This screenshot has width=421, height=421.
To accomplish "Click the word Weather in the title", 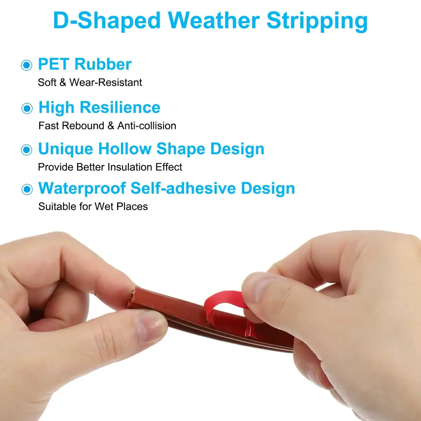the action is coord(214,21).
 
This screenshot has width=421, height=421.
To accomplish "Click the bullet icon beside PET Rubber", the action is coord(27,65).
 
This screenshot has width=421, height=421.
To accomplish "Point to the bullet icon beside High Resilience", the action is coord(27,108).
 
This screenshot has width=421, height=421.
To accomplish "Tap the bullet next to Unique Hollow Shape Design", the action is coord(27,150).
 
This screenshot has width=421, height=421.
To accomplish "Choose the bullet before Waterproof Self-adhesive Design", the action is coord(27,189).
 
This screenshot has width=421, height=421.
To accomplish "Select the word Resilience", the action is coord(120,107).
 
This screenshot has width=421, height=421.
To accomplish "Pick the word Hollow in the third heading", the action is coord(125,148).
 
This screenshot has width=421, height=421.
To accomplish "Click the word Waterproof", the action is coord(82,188).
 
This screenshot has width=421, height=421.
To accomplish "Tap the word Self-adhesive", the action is coord(183,188).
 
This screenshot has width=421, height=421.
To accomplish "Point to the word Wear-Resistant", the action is coord(106,82).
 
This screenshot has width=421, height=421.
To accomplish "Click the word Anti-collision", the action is coord(147,126).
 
